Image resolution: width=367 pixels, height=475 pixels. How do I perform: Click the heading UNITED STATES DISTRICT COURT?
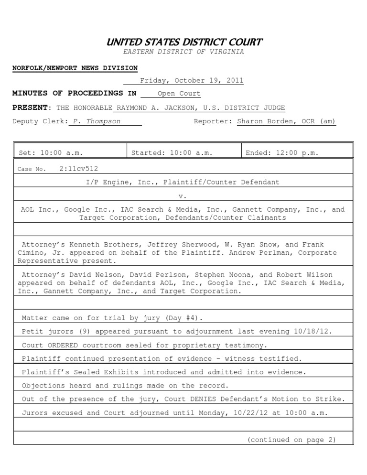(183, 42)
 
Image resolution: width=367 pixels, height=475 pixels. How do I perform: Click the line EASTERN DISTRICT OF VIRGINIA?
(183, 52)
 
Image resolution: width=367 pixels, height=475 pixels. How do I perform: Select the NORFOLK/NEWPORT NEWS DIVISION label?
(75, 68)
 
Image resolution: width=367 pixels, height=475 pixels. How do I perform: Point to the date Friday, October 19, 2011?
(191, 81)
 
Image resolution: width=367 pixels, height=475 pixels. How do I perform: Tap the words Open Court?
(179, 94)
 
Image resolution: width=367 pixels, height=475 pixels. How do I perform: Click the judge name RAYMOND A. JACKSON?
(155, 108)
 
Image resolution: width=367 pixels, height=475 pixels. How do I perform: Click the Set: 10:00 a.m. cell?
(51, 153)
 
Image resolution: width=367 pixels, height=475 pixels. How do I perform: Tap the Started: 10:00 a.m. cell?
(172, 153)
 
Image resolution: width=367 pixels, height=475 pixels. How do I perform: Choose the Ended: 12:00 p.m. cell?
(282, 153)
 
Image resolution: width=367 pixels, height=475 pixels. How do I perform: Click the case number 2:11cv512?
(79, 169)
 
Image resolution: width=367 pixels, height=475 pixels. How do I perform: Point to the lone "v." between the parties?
(183, 196)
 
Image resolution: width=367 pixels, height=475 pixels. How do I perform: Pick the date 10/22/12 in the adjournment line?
(248, 413)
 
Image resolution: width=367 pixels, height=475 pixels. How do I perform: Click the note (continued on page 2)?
(291, 440)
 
